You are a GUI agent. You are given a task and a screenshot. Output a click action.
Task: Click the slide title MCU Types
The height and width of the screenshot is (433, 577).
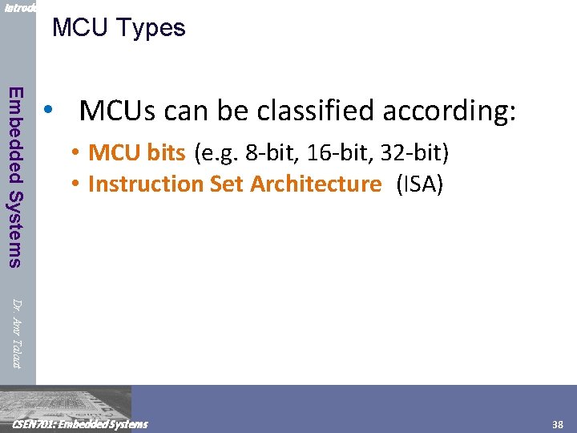(x=119, y=28)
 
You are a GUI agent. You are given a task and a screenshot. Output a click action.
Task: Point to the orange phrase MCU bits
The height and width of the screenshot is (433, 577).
(x=137, y=152)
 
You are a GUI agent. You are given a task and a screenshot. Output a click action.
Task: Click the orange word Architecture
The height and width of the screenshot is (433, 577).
(x=316, y=184)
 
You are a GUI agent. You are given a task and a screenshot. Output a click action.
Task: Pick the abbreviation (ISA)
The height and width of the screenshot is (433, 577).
(x=419, y=184)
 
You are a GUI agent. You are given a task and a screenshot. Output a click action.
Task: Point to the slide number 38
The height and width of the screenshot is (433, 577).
(x=558, y=424)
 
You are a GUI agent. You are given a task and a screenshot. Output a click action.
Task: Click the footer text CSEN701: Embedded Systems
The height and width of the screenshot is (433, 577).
(x=76, y=424)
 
